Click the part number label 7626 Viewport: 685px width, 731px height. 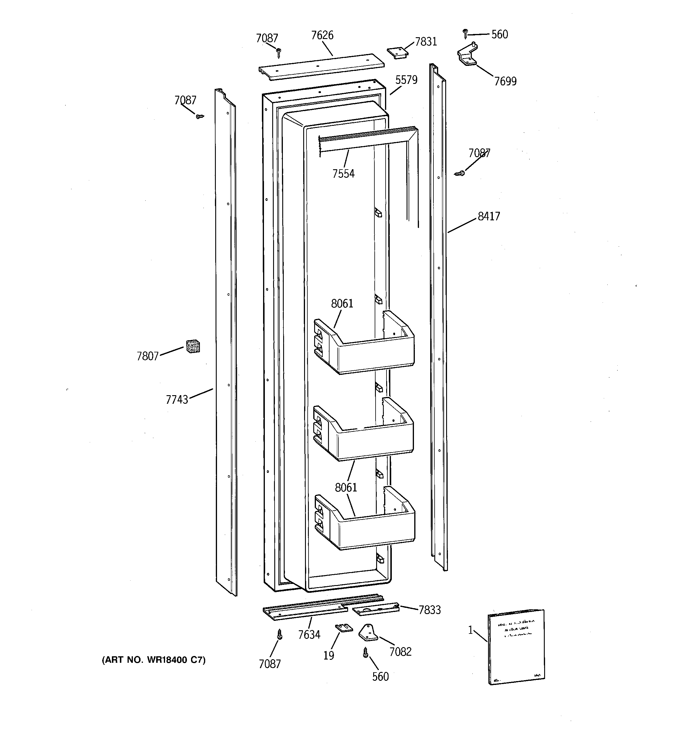(322, 35)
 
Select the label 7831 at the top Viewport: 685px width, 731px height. (426, 42)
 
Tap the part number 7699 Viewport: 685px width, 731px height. (505, 81)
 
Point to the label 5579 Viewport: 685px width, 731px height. (406, 80)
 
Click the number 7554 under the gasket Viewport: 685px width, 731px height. (343, 174)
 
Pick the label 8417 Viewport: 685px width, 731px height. (489, 216)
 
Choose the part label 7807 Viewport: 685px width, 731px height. (147, 356)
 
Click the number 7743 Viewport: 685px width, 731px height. (177, 400)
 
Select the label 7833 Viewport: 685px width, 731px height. (430, 610)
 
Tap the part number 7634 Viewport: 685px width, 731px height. (309, 635)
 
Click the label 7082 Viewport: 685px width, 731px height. (400, 652)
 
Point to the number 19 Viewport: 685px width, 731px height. (329, 655)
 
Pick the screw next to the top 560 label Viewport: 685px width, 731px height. (465, 33)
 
